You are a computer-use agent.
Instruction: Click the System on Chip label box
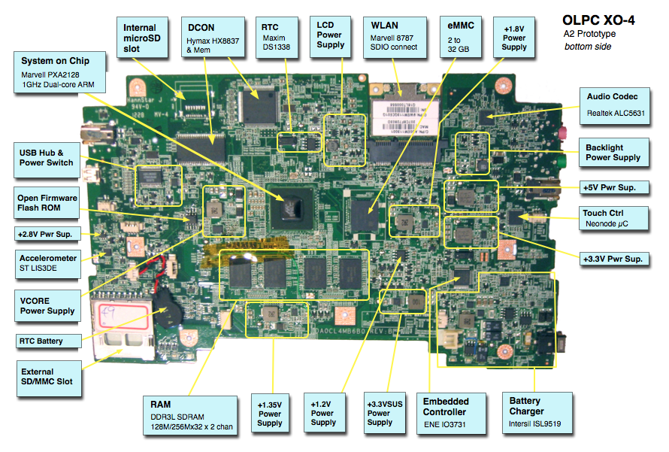tap(59, 72)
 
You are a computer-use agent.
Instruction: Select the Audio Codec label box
tap(615, 106)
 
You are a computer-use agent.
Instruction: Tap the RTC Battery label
tap(48, 341)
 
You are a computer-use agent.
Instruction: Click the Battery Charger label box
tap(537, 413)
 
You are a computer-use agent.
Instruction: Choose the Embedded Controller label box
tap(451, 413)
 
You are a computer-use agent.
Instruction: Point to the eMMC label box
tap(461, 37)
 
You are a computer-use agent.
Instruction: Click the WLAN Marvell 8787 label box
tap(395, 37)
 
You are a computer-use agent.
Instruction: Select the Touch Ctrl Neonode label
tap(613, 218)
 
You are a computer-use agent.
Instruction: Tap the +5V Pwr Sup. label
tap(614, 187)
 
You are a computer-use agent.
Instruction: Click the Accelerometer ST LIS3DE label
tap(48, 264)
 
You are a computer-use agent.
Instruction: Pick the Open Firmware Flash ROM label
tap(47, 203)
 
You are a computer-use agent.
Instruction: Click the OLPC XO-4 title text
tap(598, 20)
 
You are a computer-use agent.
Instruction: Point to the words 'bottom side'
tap(588, 47)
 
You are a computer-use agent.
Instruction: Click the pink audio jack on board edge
tap(564, 132)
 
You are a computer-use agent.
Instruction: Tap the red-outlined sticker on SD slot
tap(123, 315)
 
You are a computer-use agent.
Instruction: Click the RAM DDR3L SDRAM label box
tap(190, 416)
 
